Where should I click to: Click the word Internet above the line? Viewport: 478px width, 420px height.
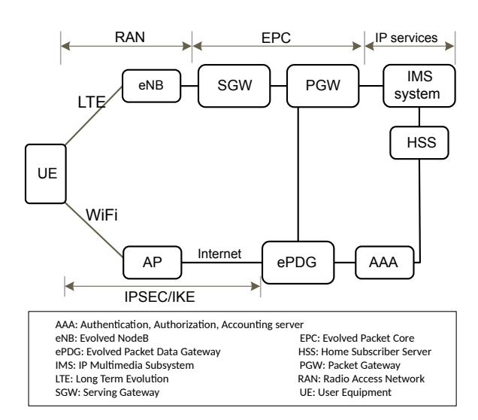(x=219, y=255)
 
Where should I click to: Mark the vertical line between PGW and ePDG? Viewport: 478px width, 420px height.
(x=299, y=173)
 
